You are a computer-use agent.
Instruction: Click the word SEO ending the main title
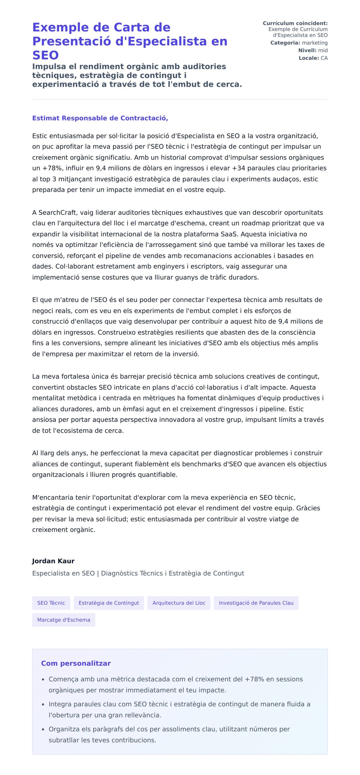point(46,55)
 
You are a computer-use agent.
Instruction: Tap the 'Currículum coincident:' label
point(295,23)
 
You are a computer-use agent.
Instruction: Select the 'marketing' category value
point(314,43)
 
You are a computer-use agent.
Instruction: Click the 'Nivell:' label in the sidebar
point(307,51)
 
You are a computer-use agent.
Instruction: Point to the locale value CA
point(324,58)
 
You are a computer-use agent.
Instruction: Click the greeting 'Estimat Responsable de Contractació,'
point(100,118)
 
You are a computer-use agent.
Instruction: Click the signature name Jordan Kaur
point(53,561)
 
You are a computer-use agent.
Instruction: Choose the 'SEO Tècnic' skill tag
point(51,603)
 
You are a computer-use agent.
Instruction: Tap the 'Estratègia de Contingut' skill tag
point(109,603)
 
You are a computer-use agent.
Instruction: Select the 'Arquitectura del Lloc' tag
point(179,603)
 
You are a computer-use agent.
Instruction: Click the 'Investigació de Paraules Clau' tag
point(256,603)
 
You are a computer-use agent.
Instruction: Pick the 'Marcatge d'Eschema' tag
point(64,620)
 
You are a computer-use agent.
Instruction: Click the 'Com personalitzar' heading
point(76,663)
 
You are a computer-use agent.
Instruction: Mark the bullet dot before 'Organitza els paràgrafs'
point(43,730)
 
